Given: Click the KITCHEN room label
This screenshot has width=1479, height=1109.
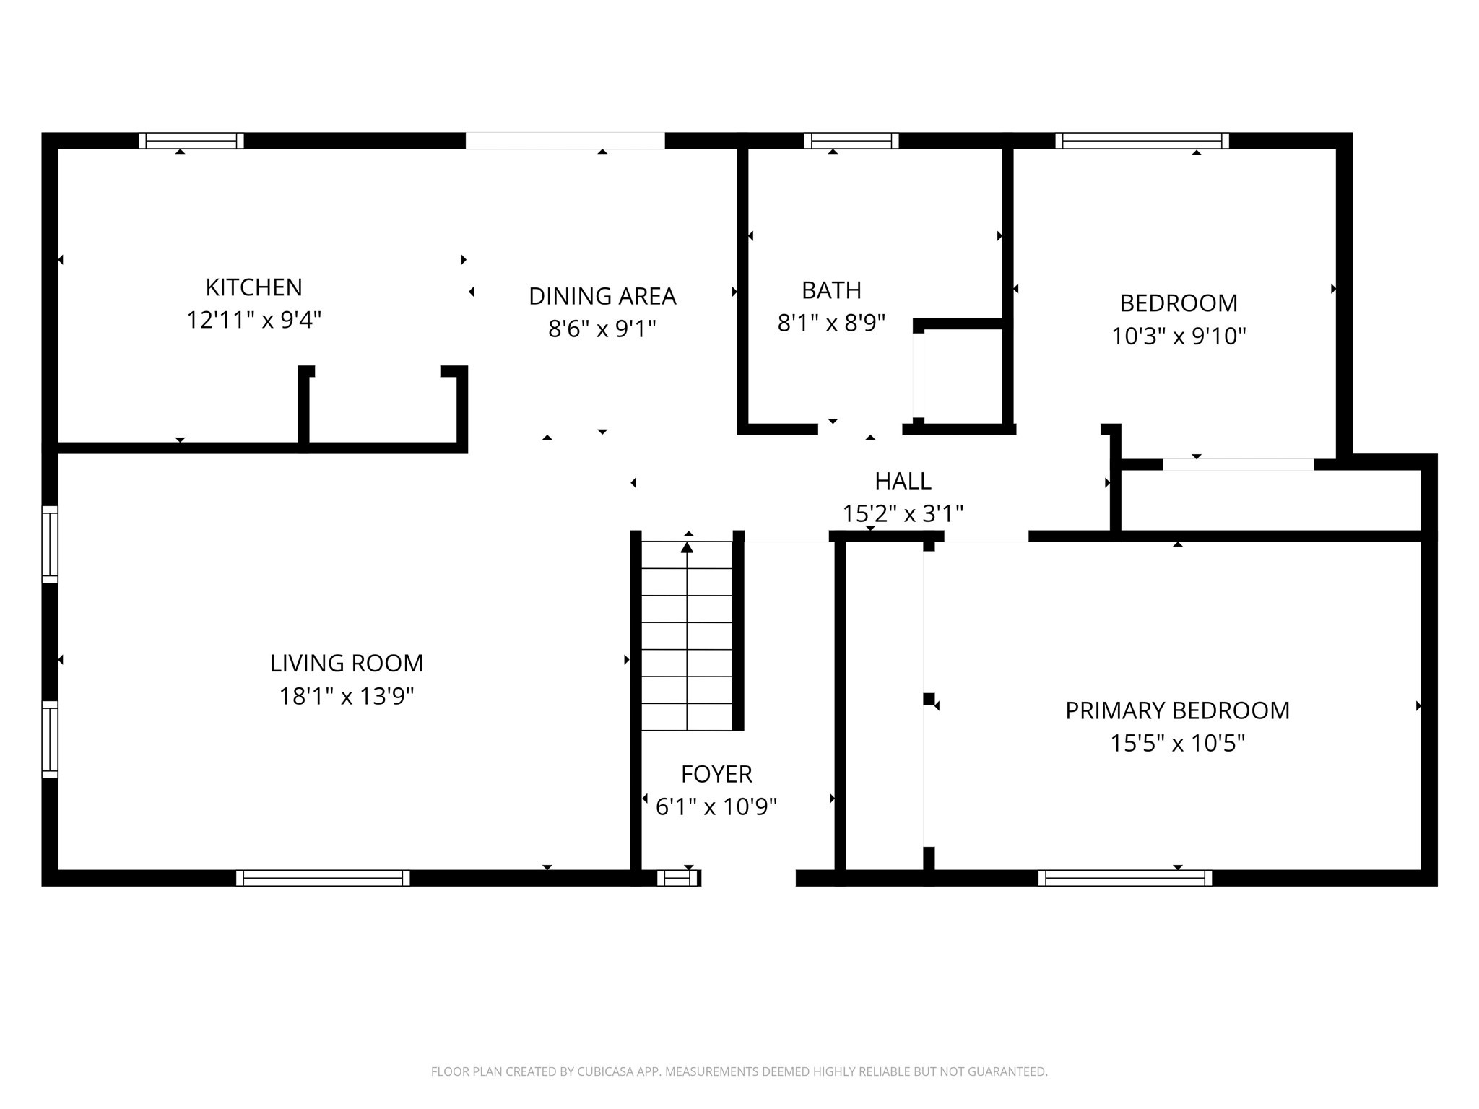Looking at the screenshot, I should click(x=253, y=287).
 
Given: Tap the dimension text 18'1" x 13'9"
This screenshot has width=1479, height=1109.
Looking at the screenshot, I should click(x=347, y=696).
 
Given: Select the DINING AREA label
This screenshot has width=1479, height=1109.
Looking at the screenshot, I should click(x=602, y=296).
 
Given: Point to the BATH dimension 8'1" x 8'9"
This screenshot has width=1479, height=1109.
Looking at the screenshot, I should click(x=831, y=323).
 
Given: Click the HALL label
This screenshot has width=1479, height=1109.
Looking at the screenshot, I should click(x=903, y=481).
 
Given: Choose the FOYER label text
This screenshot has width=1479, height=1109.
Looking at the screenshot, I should click(x=716, y=774).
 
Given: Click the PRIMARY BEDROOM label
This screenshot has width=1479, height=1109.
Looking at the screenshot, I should click(x=1177, y=710).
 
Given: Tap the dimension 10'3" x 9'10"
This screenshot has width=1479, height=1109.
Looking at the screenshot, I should click(x=1179, y=336).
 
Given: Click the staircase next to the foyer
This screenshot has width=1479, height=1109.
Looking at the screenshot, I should click(x=687, y=635).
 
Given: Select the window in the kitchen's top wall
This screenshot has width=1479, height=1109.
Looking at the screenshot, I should click(x=191, y=141).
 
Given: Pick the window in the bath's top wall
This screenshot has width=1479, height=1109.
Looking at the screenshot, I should click(x=851, y=141).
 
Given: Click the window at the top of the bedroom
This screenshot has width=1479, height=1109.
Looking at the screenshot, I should click(x=1142, y=141).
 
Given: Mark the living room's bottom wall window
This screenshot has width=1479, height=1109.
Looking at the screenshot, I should click(x=323, y=878).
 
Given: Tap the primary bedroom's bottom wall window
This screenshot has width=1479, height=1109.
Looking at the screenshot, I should click(x=1125, y=878).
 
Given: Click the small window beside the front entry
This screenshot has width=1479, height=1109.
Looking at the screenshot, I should click(x=677, y=878).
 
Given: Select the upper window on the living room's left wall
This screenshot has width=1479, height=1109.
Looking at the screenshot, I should click(x=50, y=544).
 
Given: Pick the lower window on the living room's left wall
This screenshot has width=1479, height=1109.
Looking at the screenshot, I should click(x=50, y=739).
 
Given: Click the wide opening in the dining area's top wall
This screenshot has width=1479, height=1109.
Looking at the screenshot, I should click(x=565, y=141).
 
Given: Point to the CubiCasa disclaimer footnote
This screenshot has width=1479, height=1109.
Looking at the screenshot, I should click(x=739, y=1071).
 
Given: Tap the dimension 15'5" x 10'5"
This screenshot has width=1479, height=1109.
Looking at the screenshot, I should click(x=1177, y=743).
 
